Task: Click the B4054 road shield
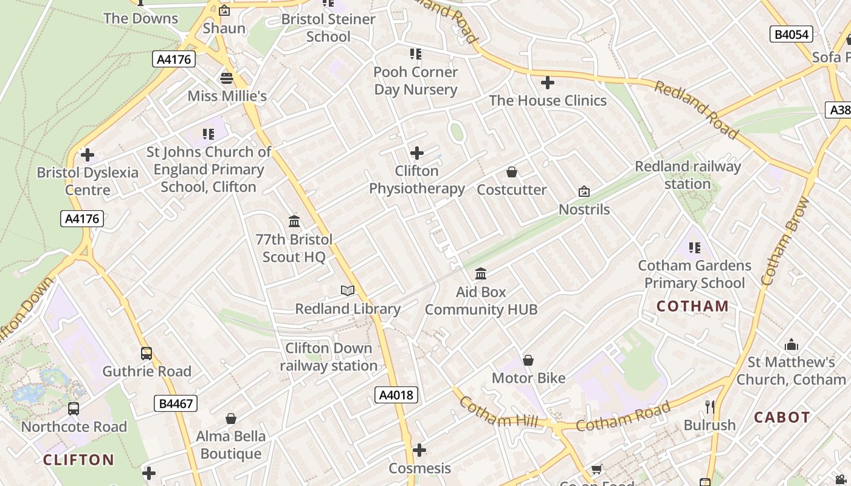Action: pos(791,34)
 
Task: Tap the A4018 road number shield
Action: pos(396,395)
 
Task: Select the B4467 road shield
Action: pos(176,403)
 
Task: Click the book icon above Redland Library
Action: pos(348,291)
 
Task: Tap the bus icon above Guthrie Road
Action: pos(146,354)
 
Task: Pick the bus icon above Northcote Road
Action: pos(74,409)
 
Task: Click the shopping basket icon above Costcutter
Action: pos(512,173)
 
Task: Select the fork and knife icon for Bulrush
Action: pos(709,407)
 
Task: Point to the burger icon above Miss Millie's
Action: pos(227,78)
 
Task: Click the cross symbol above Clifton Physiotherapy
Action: pos(417,153)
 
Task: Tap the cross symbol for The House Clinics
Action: pos(548,83)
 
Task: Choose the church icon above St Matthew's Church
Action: pos(791,345)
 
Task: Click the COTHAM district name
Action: pos(692,306)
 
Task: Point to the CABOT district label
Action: pos(782,417)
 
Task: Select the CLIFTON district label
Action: pos(78,459)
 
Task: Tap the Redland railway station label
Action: pos(687,175)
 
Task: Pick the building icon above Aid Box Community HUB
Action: pos(481,273)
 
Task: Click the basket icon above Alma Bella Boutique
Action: pos(231,419)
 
